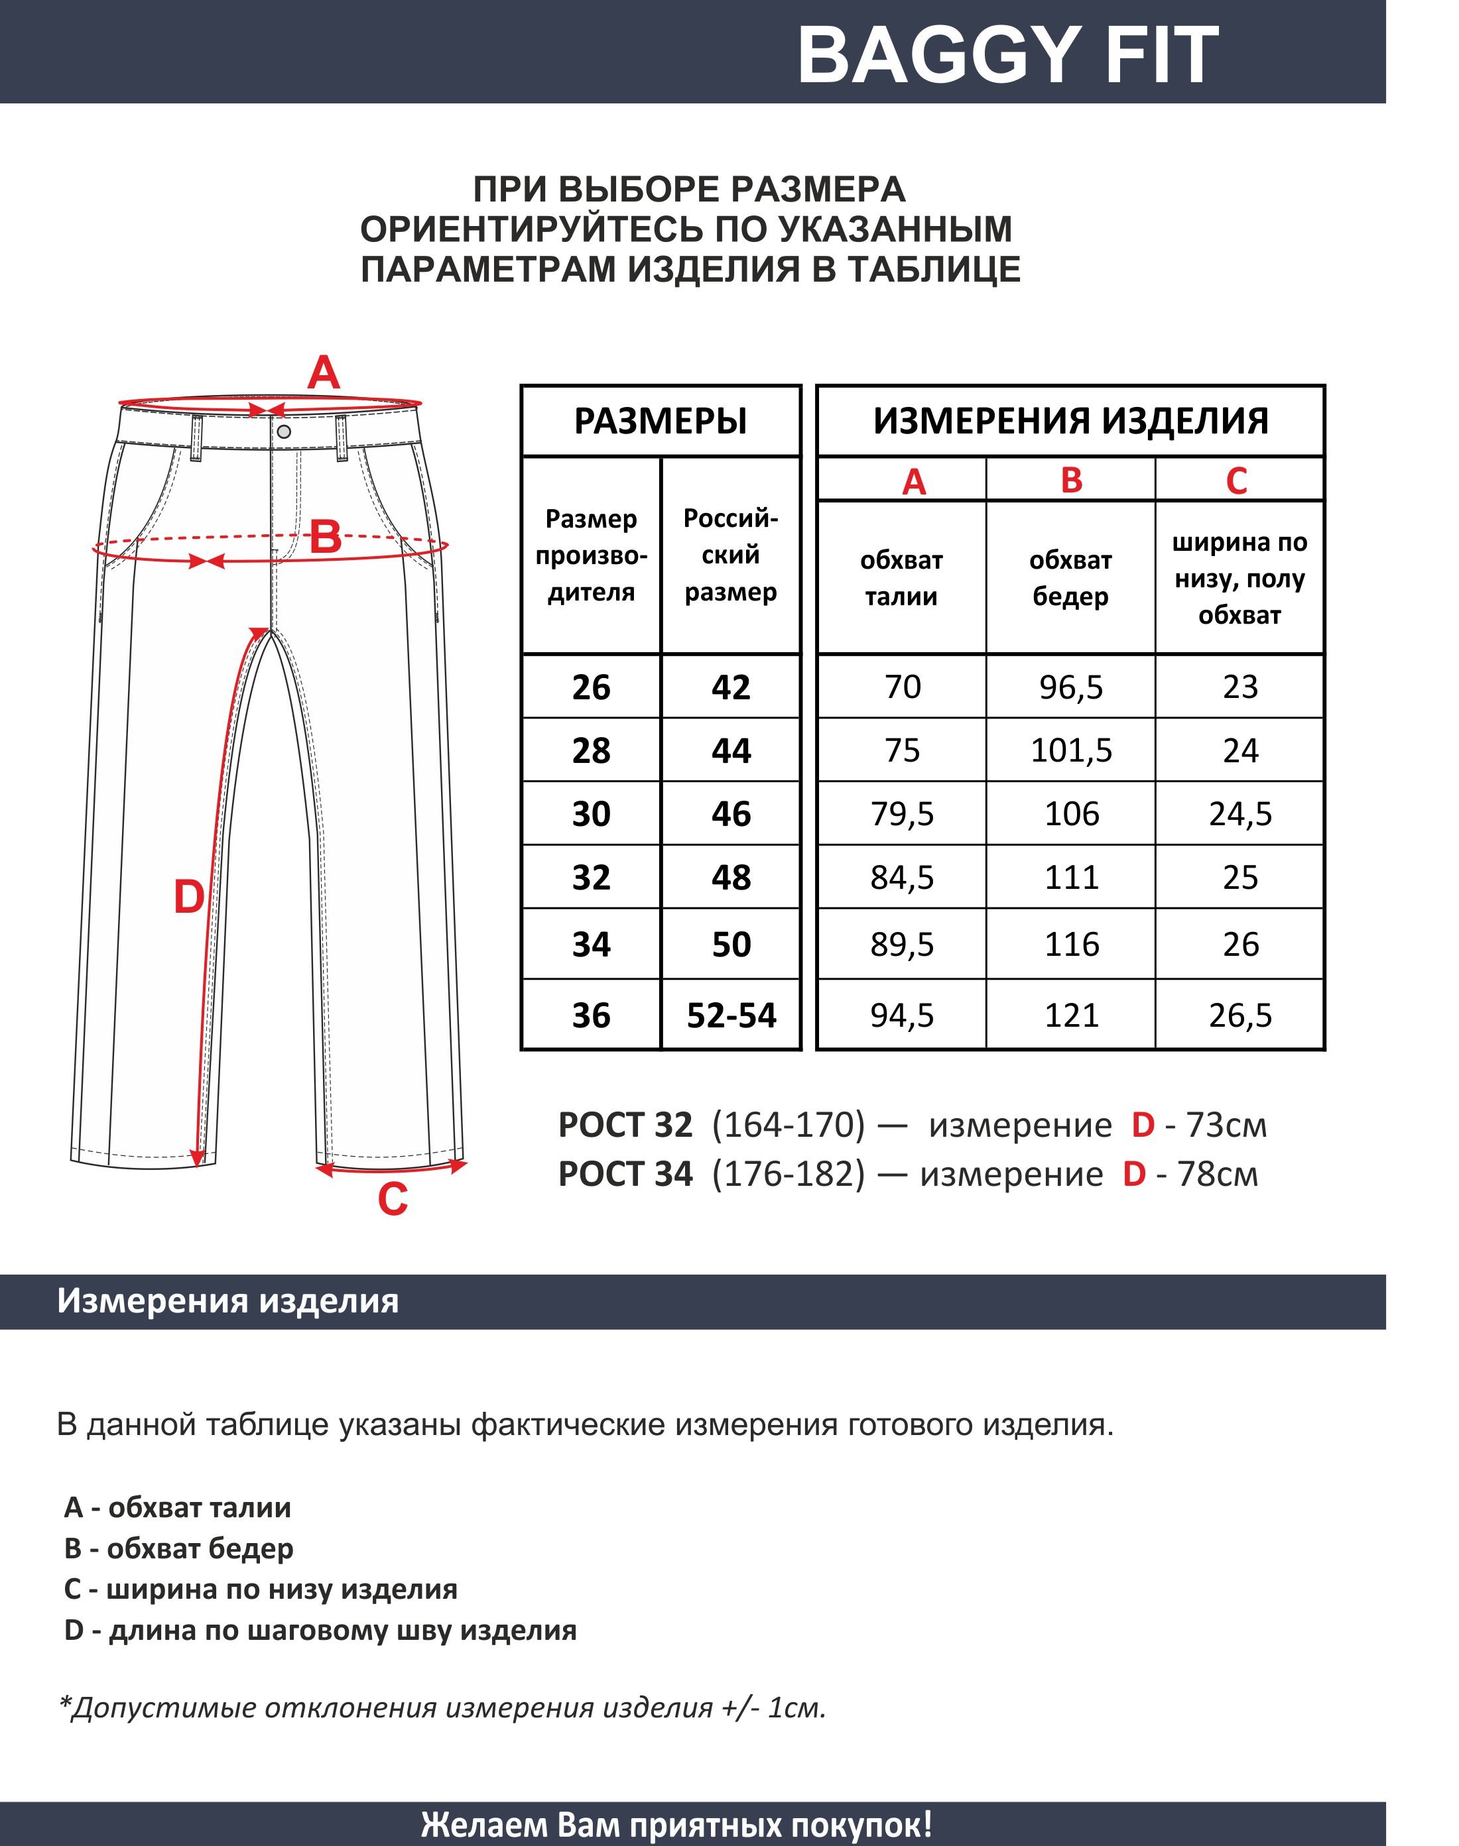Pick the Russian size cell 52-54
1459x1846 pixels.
(731, 1015)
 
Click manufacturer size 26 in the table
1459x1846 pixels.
(591, 687)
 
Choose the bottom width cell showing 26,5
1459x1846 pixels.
(1240, 1015)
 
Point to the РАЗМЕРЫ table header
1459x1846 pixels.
(661, 421)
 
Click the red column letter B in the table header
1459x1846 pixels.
(1071, 481)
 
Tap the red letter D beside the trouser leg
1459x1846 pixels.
(189, 897)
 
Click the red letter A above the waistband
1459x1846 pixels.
(324, 373)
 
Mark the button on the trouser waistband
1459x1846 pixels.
(284, 432)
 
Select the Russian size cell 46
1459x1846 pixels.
(731, 814)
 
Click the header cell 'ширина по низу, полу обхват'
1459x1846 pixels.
(1239, 578)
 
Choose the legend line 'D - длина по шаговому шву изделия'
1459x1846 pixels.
(320, 1630)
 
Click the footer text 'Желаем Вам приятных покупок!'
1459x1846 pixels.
(676, 1825)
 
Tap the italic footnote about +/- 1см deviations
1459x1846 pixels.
(442, 1707)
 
